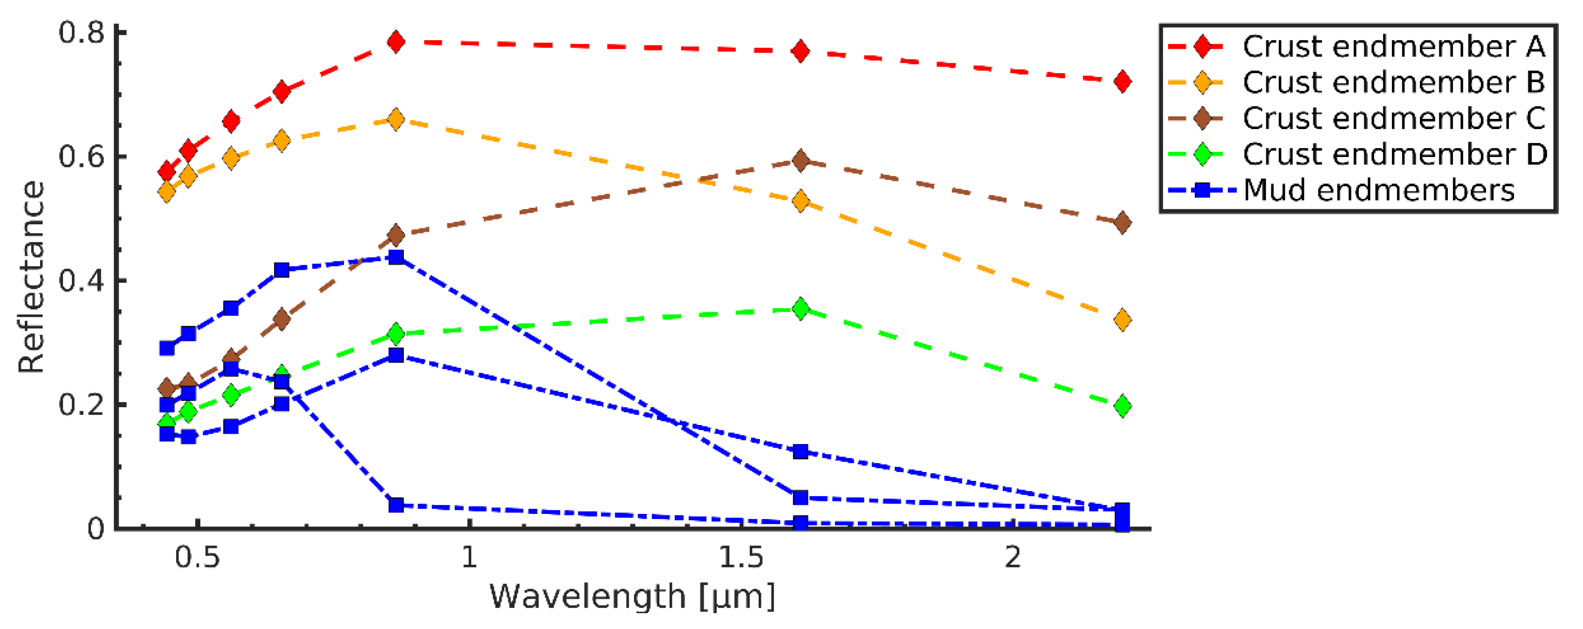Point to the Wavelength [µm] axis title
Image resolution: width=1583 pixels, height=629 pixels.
(x=632, y=596)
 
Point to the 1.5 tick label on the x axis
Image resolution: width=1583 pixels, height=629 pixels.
(x=741, y=557)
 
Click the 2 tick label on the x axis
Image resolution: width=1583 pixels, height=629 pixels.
(x=1013, y=557)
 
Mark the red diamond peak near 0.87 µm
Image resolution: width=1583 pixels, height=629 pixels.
(x=397, y=42)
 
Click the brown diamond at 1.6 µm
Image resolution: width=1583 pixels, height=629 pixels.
(x=800, y=161)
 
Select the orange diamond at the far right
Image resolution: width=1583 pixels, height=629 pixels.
(x=1122, y=320)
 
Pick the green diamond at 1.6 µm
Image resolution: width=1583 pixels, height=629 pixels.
(x=800, y=308)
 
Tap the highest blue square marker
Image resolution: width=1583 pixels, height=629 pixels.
(x=397, y=257)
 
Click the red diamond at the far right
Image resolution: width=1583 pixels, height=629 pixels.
(x=1122, y=81)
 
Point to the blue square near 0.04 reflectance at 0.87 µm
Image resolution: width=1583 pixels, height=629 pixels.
(x=397, y=505)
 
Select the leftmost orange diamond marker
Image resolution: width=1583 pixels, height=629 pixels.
(x=166, y=192)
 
